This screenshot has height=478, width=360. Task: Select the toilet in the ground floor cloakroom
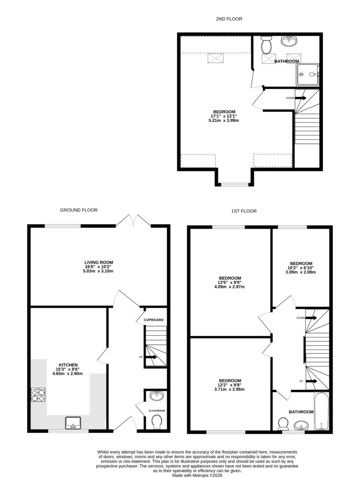click(157, 422)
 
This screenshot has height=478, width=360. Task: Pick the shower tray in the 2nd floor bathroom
click(308, 75)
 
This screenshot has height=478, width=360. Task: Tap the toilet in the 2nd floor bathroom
click(267, 45)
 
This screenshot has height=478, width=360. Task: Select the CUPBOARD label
click(154, 320)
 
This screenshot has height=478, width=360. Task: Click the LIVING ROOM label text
click(95, 262)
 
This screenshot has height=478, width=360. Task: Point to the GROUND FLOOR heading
click(79, 210)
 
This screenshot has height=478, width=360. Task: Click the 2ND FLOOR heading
click(228, 19)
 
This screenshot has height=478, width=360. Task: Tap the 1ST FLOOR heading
click(244, 211)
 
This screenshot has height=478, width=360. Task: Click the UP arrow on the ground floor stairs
click(151, 357)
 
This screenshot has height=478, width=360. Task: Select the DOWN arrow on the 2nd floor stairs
click(300, 98)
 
